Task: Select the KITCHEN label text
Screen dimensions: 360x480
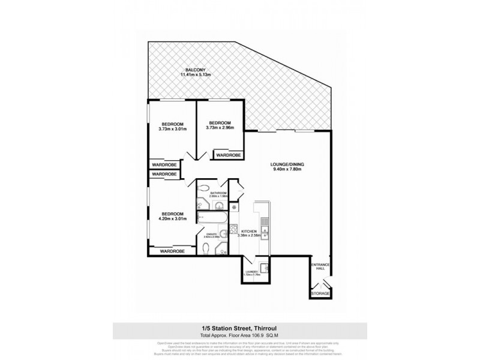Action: pos(249,230)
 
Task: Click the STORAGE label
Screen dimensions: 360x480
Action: pos(319,293)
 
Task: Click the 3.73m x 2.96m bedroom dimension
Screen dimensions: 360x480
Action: pos(221,128)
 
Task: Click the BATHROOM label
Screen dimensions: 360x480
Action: pos(218,193)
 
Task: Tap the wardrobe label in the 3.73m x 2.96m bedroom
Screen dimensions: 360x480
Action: pos(228,155)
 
